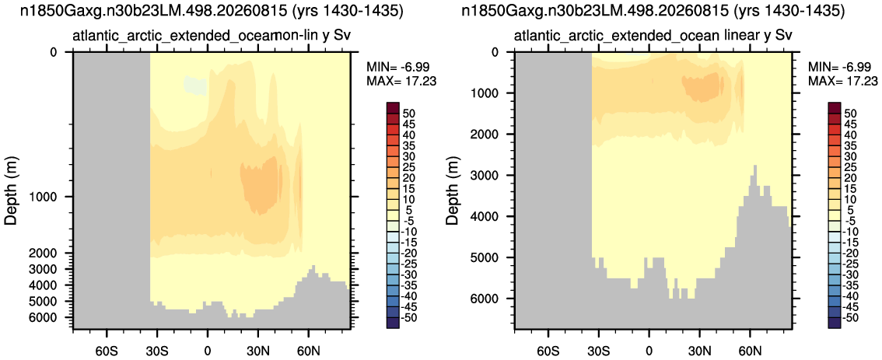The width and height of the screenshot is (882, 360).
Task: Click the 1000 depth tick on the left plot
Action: coord(69,197)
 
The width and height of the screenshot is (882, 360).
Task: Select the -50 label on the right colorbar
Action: coord(845,318)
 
